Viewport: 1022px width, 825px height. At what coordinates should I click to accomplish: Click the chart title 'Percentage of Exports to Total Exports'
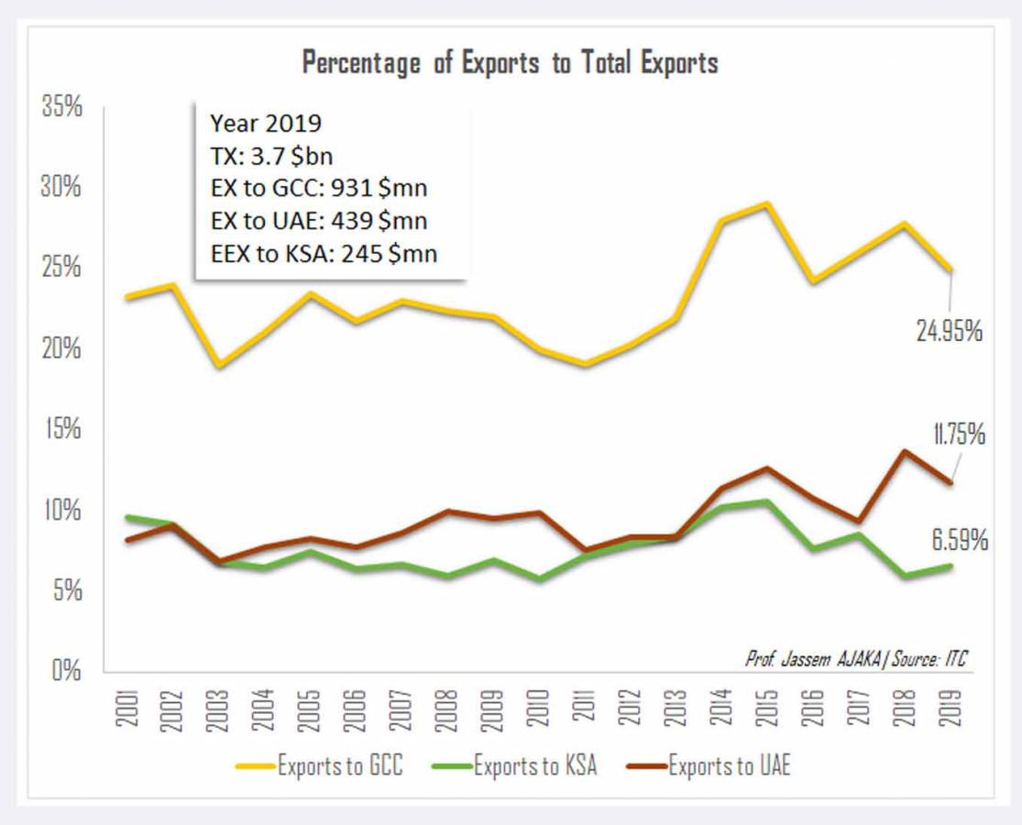pos(510,63)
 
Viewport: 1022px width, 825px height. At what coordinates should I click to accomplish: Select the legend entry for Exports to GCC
pos(321,764)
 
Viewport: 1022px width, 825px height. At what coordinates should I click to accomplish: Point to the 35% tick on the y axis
pos(61,107)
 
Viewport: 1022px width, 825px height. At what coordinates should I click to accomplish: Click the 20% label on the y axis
pos(61,349)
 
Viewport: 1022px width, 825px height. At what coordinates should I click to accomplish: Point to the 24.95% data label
pos(949,331)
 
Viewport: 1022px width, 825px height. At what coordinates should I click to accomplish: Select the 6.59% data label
pos(960,541)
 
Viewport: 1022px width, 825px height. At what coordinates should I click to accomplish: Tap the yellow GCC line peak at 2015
pos(767,203)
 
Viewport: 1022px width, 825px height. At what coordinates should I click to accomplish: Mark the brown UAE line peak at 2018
pos(904,451)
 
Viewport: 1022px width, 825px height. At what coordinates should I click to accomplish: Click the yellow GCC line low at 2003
pos(219,366)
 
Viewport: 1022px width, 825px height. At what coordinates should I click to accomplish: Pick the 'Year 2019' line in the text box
pos(266,124)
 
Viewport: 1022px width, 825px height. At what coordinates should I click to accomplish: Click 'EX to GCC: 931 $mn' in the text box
pos(318,189)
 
